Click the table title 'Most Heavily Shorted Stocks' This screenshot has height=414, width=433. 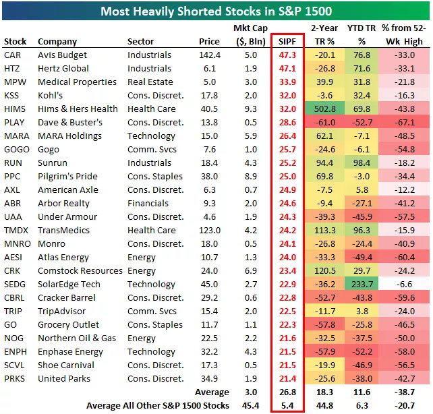pyautogui.click(x=216, y=11)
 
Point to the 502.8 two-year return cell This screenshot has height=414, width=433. pyautogui.click(x=324, y=109)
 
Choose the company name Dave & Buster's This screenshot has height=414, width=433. pyautogui.click(x=70, y=123)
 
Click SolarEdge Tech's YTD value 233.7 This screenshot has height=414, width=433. pyautogui.click(x=362, y=285)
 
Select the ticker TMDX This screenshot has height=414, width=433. pyautogui.click(x=16, y=231)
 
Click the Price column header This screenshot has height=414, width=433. pyautogui.click(x=210, y=42)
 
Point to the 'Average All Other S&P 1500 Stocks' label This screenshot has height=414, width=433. pyautogui.click(x=157, y=406)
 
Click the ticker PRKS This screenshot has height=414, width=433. pyautogui.click(x=14, y=379)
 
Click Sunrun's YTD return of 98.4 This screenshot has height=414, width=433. pyautogui.click(x=362, y=163)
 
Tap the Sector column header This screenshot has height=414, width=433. pyautogui.click(x=140, y=42)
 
